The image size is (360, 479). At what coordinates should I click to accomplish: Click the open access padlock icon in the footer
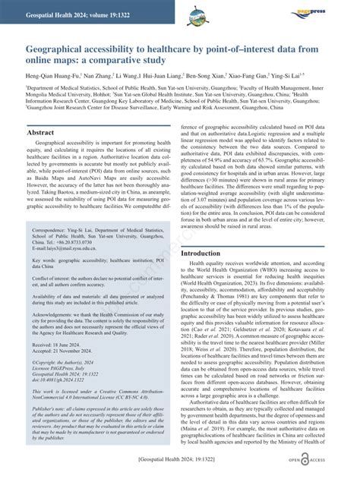[x=306, y=460]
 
